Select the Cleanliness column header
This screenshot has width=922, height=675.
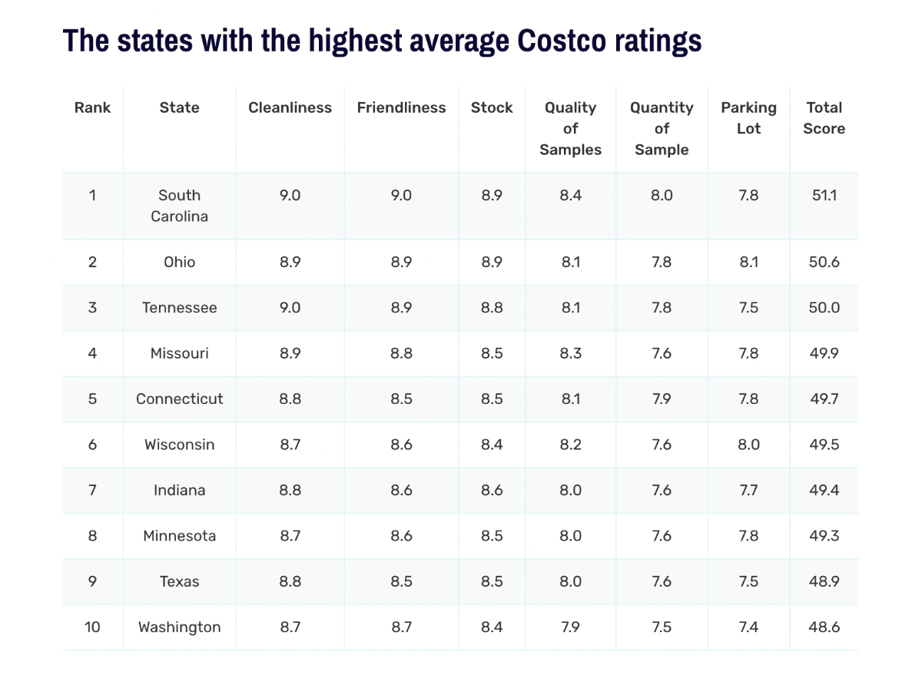click(290, 108)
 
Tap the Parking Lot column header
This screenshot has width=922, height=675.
click(748, 118)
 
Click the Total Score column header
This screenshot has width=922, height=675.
click(824, 118)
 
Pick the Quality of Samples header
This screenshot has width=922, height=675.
click(570, 128)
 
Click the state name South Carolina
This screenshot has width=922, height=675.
click(179, 206)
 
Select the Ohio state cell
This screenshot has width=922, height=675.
click(179, 262)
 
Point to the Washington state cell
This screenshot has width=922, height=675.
click(179, 627)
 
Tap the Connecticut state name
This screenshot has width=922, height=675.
click(179, 399)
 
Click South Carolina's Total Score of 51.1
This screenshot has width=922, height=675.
click(824, 195)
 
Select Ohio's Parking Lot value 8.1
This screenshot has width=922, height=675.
click(748, 262)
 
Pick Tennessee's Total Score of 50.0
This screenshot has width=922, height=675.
click(824, 307)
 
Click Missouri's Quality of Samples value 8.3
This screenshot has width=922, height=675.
click(570, 353)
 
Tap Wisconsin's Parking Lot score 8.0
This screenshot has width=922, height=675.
click(748, 445)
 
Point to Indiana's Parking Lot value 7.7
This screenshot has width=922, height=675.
click(748, 490)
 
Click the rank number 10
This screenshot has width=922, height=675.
click(92, 627)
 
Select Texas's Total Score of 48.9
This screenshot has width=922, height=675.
click(824, 581)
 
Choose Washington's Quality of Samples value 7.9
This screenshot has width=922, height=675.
click(570, 627)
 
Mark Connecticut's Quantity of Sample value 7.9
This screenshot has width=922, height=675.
click(662, 399)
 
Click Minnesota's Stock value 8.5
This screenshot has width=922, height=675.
click(492, 536)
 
